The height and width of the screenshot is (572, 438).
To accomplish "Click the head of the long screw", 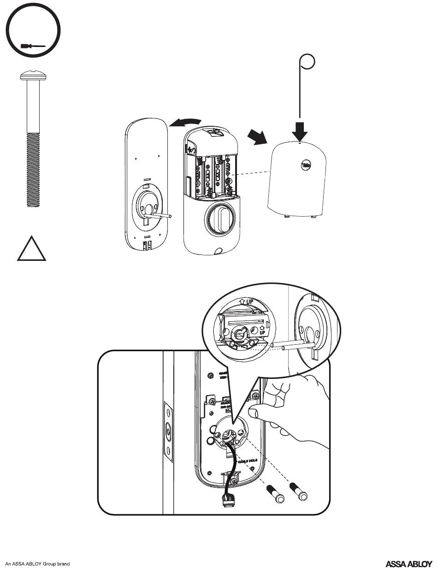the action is pos(32,76).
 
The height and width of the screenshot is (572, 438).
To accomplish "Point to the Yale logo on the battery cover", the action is pos(306,165).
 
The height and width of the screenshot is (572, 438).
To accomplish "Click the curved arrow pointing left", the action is pos(185,122).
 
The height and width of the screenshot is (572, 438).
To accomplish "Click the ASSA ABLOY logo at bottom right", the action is pos(408,563).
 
